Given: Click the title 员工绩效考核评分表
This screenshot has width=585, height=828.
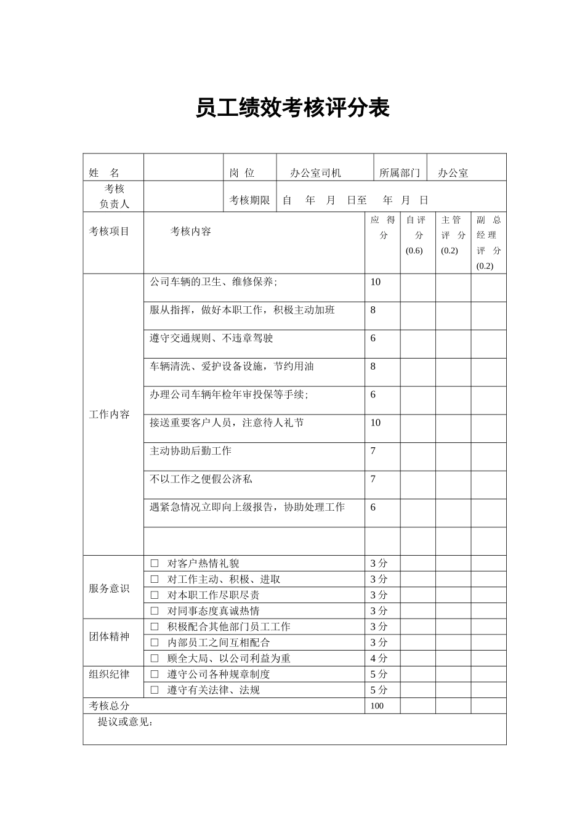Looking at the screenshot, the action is pyautogui.click(x=292, y=108).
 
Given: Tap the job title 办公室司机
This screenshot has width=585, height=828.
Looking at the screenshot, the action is pyautogui.click(x=315, y=173).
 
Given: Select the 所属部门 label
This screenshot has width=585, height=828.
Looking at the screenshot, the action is pyautogui.click(x=400, y=173).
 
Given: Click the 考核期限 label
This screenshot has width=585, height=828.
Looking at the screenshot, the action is pyautogui.click(x=249, y=200).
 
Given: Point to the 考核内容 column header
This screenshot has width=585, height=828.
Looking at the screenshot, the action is pyautogui.click(x=191, y=232).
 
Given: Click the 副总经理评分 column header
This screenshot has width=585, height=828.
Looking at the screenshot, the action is pyautogui.click(x=489, y=243).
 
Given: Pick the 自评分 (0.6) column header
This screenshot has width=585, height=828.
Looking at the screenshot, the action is pyautogui.click(x=416, y=235).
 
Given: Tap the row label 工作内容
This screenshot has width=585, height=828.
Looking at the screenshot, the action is pyautogui.click(x=110, y=415).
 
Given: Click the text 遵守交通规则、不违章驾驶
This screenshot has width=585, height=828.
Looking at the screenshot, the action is pyautogui.click(x=211, y=338).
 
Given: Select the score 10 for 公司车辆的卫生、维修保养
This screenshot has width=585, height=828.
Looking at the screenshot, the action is pyautogui.click(x=376, y=282).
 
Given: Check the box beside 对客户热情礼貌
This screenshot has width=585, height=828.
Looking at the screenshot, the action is pyautogui.click(x=155, y=563).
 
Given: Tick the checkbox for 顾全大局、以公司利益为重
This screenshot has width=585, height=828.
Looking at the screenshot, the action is pyautogui.click(x=155, y=659).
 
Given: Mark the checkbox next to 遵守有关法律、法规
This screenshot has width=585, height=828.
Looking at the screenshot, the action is pyautogui.click(x=155, y=690).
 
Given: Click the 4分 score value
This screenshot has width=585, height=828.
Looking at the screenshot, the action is pyautogui.click(x=379, y=659).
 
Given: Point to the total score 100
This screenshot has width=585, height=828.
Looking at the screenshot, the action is pyautogui.click(x=377, y=706).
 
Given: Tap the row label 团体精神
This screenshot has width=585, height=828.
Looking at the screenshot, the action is pyautogui.click(x=110, y=636).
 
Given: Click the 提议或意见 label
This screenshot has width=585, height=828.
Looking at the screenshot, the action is pyautogui.click(x=125, y=722).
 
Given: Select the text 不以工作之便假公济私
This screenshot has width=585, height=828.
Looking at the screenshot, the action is pyautogui.click(x=201, y=479).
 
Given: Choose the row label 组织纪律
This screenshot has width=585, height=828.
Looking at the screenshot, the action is pyautogui.click(x=110, y=674).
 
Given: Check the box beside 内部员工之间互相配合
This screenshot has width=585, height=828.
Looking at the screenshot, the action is pyautogui.click(x=155, y=643).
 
